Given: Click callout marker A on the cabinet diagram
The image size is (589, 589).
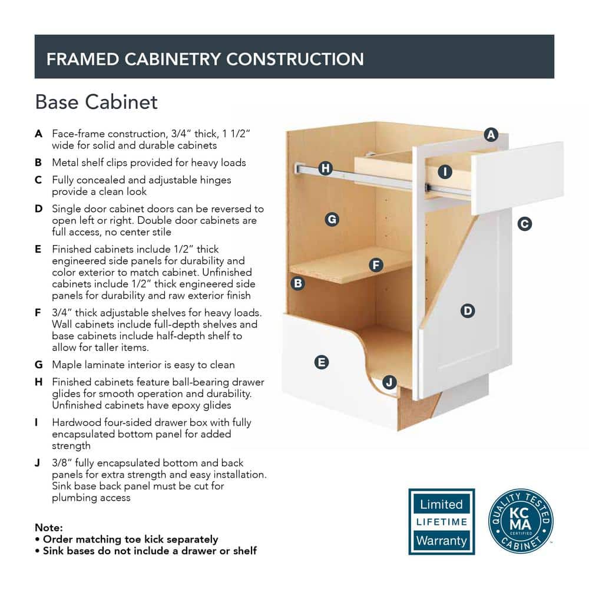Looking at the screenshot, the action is click(491, 134).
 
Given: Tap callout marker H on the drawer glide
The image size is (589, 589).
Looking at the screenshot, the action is click(325, 168).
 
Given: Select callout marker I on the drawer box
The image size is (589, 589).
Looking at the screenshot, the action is click(445, 171).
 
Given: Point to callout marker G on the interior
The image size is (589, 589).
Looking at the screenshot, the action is click(332, 219).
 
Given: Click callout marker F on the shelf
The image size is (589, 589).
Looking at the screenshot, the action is click(376, 265).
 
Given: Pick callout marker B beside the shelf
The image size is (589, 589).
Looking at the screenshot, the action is click(298, 283).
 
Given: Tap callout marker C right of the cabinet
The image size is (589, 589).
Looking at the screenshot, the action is click(524, 224).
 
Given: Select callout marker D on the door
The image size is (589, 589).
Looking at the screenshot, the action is click(468, 310).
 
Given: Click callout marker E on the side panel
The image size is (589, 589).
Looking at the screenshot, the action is click(322, 362).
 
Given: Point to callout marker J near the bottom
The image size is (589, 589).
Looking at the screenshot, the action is click(389, 382).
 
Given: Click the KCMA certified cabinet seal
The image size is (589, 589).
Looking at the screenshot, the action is click(521, 521).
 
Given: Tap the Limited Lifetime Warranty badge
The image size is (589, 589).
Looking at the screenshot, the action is click(441, 521).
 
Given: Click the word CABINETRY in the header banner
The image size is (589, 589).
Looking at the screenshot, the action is click(173, 59).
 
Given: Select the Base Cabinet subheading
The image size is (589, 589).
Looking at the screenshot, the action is click(96, 102).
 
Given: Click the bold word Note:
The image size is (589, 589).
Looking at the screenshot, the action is click(49, 527).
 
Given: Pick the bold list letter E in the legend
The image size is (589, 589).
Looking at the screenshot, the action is click(38, 249).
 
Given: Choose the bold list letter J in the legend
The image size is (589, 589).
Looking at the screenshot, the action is click(38, 463).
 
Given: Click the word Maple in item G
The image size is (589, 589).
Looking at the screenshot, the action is click(67, 365).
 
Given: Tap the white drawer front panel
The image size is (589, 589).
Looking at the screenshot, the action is click(518, 178).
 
